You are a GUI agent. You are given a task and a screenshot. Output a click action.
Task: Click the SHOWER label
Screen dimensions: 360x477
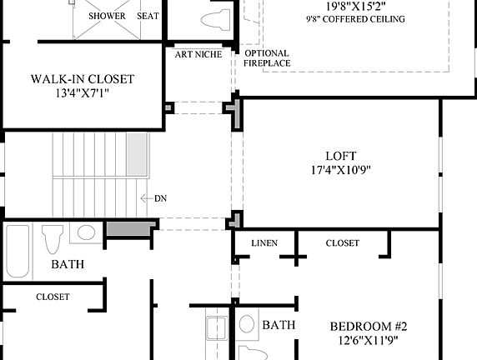tap(106, 16)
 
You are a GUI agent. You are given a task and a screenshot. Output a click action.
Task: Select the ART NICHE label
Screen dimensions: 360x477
tap(198, 55)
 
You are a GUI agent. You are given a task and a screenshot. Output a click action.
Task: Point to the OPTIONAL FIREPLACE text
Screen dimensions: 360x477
tap(267, 57)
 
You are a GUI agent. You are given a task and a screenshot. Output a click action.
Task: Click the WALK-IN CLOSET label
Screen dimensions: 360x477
tap(83, 79)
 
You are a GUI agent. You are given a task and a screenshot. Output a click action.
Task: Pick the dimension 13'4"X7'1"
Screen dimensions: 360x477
tap(83, 93)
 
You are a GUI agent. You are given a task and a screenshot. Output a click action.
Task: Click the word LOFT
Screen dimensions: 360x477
tap(340, 156)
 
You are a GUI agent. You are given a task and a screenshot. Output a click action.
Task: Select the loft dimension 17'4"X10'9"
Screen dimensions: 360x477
tap(340, 170)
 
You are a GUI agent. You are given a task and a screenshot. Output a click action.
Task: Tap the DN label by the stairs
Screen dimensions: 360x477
tap(160, 198)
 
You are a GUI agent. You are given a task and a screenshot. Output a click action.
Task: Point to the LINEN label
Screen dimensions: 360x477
tap(264, 243)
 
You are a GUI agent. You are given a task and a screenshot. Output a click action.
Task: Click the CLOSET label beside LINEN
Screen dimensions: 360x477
tap(342, 243)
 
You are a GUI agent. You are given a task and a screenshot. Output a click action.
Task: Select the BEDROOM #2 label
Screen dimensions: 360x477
tap(368, 326)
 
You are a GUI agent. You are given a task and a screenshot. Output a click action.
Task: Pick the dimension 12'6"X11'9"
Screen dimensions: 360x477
tap(368, 340)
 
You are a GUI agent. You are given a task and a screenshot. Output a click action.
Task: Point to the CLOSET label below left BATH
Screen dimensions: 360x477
tap(53, 297)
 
